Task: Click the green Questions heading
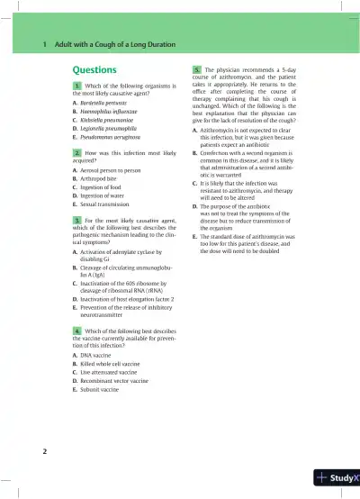coord(94,69)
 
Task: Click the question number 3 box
coord(77,219)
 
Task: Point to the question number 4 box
coord(77,331)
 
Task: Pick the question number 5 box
coord(198,69)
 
